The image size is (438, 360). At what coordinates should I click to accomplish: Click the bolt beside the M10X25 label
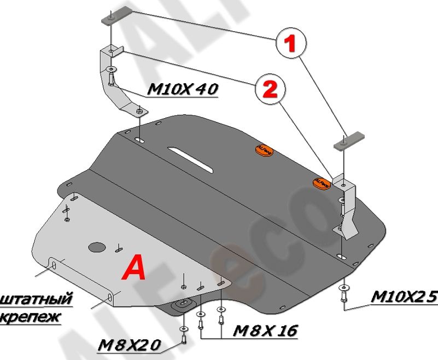click(343, 295)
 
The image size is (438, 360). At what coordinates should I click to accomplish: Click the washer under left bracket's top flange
click(112, 69)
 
